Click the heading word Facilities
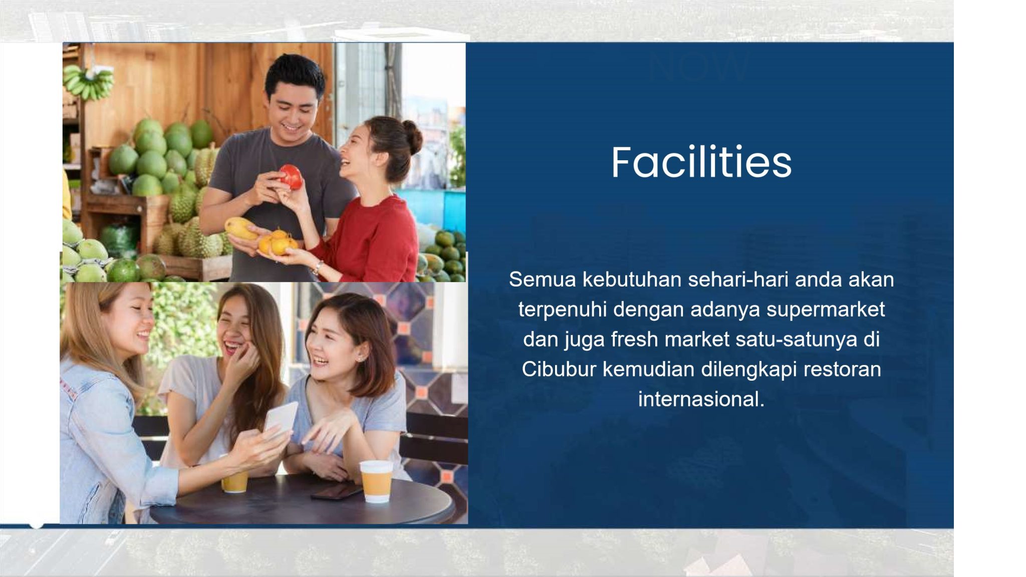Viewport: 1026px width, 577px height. coord(701,162)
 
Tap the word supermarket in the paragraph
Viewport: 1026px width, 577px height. coord(826,310)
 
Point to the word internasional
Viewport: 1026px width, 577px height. coord(701,399)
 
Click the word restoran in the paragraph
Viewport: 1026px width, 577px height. coord(842,370)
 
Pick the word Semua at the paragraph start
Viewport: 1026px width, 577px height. coord(543,279)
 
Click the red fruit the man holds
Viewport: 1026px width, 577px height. coord(291,176)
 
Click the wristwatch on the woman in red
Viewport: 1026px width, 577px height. coord(318,267)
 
